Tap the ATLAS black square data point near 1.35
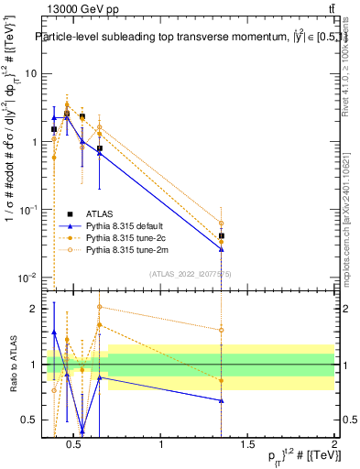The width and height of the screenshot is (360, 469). pyautogui.click(x=221, y=235)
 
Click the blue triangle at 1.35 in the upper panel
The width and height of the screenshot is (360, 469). pyautogui.click(x=221, y=248)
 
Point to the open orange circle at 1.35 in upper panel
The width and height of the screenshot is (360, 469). pyautogui.click(x=221, y=223)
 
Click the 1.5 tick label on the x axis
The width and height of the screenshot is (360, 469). pyautogui.click(x=247, y=445)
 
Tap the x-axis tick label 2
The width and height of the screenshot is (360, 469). pyautogui.click(x=333, y=445)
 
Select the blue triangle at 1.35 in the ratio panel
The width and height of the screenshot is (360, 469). pyautogui.click(x=221, y=400)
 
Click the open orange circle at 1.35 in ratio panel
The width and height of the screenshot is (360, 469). pyautogui.click(x=221, y=330)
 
